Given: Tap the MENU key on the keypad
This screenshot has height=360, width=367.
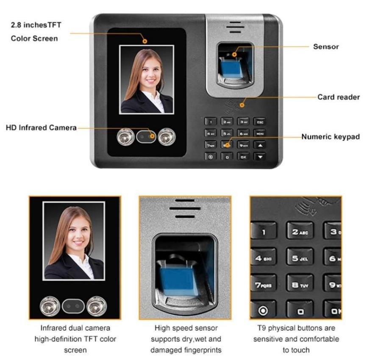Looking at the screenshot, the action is tap(260, 133).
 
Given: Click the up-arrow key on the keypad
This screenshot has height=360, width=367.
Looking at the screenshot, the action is tap(260, 145).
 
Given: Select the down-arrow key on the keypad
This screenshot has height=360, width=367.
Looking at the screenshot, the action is tap(260, 157).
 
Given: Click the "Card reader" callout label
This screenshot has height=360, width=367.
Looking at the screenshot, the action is tap(339, 97).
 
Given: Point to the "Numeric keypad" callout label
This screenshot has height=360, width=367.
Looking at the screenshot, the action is tap(331, 137).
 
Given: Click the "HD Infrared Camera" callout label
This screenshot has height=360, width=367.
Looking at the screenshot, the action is tap(41, 127).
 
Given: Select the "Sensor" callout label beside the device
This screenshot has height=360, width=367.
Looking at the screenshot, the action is tap(326, 47).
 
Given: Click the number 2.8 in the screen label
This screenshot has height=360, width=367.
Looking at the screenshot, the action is tap(16, 25).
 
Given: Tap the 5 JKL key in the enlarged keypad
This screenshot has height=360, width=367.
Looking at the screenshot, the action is tap(300, 258).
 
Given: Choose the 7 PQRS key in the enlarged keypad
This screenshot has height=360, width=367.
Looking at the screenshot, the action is tap(263, 285).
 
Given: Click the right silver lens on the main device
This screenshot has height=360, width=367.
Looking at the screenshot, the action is tap(167, 137).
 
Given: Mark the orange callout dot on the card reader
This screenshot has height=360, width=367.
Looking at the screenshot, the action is tap(242, 105).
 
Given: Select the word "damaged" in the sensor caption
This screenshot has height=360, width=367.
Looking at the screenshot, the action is tap(166, 350).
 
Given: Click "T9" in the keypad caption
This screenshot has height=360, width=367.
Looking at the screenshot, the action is tap(261, 328).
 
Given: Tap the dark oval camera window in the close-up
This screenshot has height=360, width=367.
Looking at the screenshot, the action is tap(73, 306).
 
